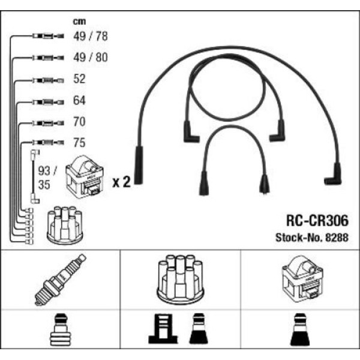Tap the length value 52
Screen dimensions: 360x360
pos(79,79)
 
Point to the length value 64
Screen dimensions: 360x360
pos(79,100)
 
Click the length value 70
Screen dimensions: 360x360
pos(79,122)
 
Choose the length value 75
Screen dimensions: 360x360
pos(79,143)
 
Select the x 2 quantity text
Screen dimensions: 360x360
pos(121,182)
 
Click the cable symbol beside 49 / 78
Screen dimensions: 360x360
pos(46,37)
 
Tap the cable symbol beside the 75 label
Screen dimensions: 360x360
pos(46,143)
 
